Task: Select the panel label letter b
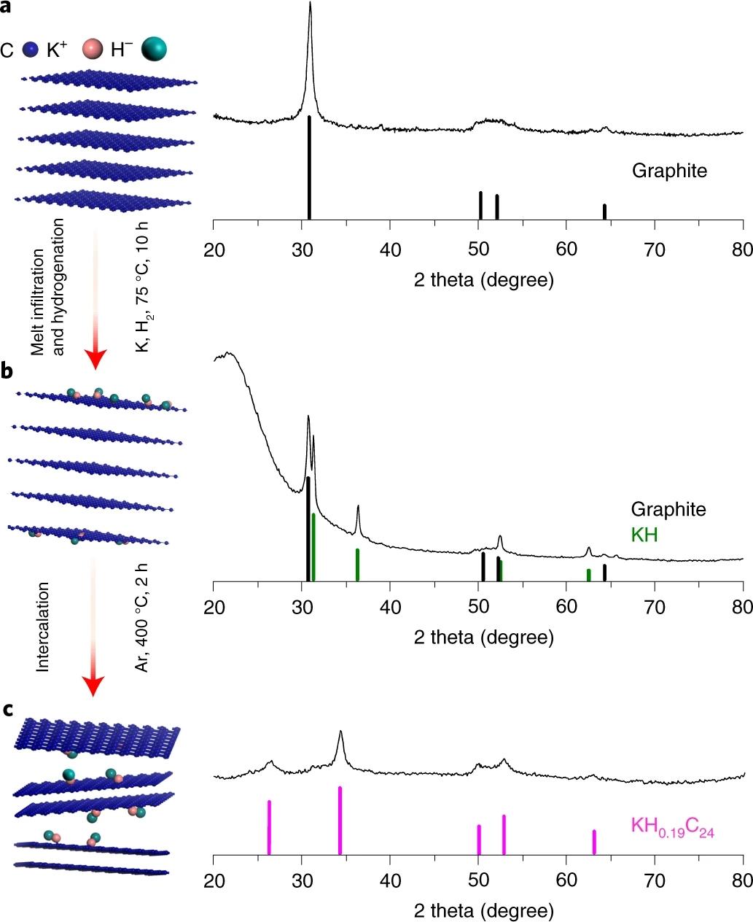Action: [x=7, y=371]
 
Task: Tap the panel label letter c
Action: [x=7, y=709]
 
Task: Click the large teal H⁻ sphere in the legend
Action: [x=154, y=48]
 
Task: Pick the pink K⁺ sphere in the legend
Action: [x=93, y=49]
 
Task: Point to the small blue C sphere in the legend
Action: [x=31, y=50]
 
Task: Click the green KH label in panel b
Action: [x=644, y=535]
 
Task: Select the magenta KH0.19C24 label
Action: [x=672, y=827]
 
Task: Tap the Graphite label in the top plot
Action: [x=669, y=171]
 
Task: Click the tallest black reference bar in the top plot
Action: [x=309, y=167]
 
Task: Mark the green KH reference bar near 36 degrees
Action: [x=357, y=565]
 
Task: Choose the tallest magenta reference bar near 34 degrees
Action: [x=340, y=820]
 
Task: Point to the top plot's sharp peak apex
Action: [x=311, y=4]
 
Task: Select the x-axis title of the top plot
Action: [x=483, y=279]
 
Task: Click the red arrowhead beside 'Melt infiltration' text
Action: [x=95, y=357]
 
